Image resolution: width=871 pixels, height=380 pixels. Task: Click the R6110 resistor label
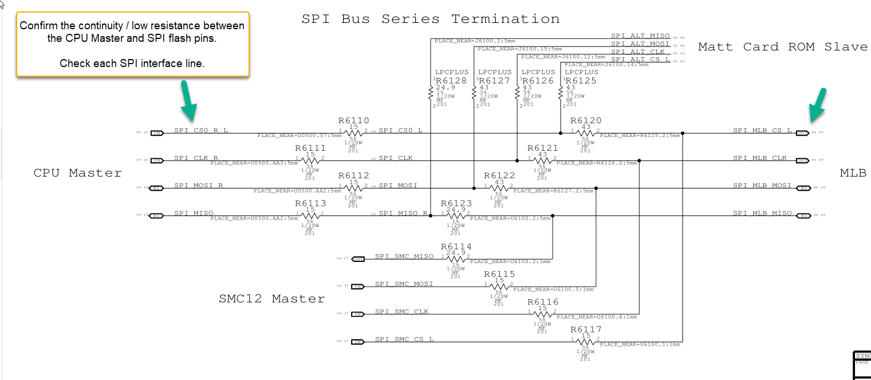tap(353, 121)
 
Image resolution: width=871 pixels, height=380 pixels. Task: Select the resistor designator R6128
tap(451, 81)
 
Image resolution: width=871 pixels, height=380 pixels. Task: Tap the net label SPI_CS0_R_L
tap(201, 131)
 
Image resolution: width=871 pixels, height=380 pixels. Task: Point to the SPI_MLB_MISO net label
tap(762, 213)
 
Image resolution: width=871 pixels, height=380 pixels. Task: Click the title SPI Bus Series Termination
tap(430, 19)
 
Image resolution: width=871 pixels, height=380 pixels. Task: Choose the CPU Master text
tap(77, 173)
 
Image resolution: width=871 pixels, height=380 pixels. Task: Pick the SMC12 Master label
tap(271, 299)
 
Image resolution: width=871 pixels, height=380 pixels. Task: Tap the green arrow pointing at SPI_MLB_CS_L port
tap(818, 105)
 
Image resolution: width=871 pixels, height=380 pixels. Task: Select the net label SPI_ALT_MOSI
tap(640, 44)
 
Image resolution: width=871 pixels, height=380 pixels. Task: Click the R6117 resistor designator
tap(586, 330)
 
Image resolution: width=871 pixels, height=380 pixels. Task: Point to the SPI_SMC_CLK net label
tap(401, 311)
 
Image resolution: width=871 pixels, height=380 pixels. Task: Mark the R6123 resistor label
tap(456, 203)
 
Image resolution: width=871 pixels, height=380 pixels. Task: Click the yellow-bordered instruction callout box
tap(132, 44)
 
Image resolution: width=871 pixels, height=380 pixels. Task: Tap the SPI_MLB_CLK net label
tap(760, 158)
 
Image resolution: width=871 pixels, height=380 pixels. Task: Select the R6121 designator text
tap(542, 148)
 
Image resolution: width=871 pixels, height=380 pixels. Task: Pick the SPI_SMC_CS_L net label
tap(404, 339)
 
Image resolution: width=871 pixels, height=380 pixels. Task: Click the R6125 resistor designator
tap(581, 81)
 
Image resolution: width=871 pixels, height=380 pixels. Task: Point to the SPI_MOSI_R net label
tap(199, 186)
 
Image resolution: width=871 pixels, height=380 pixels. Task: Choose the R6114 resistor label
tap(456, 246)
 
